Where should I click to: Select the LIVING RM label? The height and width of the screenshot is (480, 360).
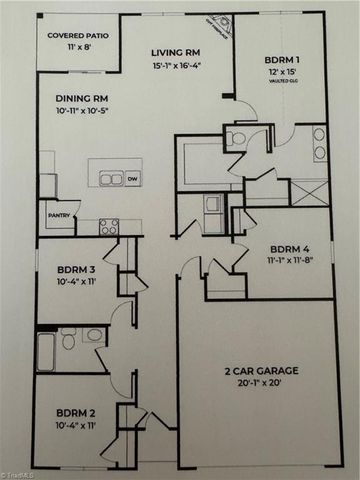pyautogui.click(x=178, y=53)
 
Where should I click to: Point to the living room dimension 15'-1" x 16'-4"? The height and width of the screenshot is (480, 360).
pyautogui.click(x=178, y=67)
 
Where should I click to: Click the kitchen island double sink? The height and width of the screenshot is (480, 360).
pyautogui.click(x=110, y=179)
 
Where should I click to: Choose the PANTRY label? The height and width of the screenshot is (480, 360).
pyautogui.click(x=56, y=212)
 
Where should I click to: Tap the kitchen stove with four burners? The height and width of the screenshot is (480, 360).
pyautogui.click(x=109, y=226)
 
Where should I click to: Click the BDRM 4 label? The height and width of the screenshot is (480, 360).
pyautogui.click(x=290, y=250)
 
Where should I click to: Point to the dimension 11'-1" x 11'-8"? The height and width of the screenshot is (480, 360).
pyautogui.click(x=290, y=263)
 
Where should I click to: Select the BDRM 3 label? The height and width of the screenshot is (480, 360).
pyautogui.click(x=70, y=270)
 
